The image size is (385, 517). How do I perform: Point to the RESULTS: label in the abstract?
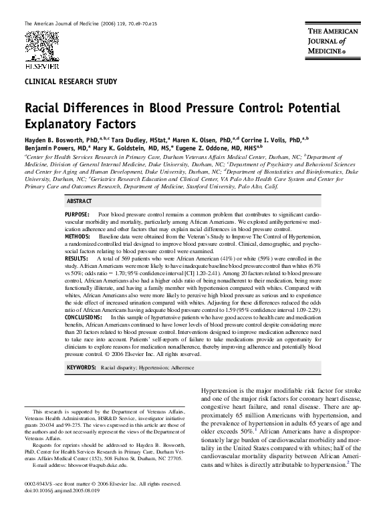click(x=81, y=258)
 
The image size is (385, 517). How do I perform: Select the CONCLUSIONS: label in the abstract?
click(x=88, y=317)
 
